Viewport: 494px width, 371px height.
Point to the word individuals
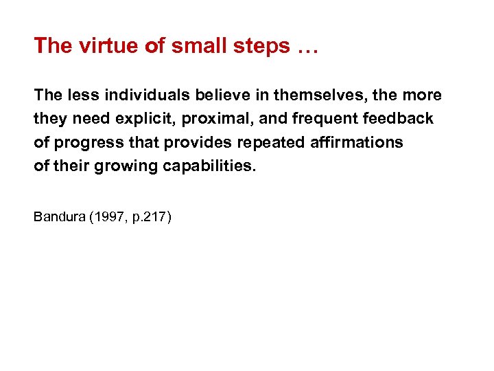(129, 95)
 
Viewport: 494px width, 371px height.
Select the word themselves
(298, 95)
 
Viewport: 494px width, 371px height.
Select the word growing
(119, 166)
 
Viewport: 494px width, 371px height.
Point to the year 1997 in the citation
(108, 217)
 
